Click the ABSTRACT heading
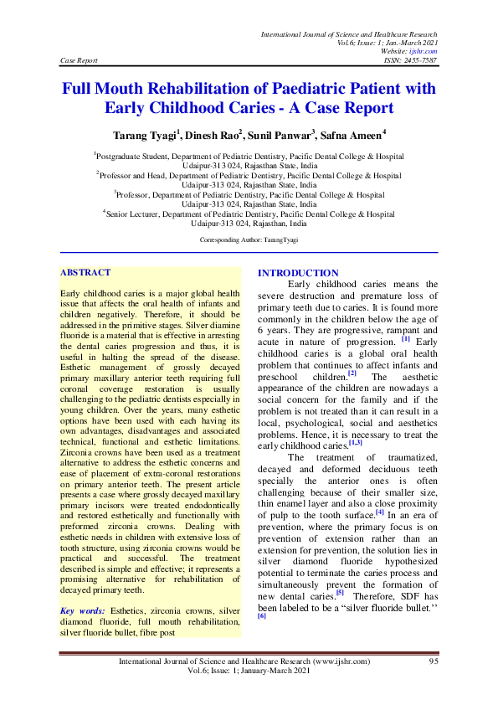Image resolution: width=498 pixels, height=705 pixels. click(85, 272)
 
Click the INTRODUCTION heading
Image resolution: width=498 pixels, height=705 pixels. click(298, 273)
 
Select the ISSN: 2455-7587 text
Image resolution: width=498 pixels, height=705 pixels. click(408, 60)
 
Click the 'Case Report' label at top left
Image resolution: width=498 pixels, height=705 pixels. click(80, 60)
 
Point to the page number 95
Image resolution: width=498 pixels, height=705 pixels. click(433, 661)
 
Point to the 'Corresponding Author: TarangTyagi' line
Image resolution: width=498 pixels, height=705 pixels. click(249, 239)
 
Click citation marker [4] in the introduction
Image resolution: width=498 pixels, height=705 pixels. click(379, 512)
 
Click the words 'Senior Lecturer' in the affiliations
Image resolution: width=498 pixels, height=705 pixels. click(138, 214)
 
